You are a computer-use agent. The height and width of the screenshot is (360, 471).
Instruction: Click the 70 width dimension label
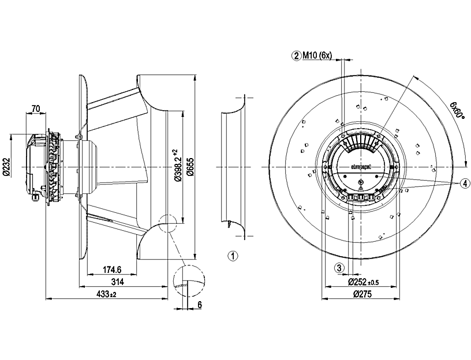click(35, 108)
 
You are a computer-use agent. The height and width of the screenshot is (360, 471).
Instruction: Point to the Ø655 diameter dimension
click(190, 166)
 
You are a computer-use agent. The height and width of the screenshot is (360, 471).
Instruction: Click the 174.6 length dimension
click(111, 269)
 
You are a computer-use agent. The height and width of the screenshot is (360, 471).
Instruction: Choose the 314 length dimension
click(118, 282)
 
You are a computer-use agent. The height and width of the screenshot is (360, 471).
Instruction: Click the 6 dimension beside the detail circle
click(199, 305)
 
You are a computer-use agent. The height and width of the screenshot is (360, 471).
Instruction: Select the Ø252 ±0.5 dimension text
click(363, 282)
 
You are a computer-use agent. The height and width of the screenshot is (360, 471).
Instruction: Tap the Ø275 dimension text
click(360, 294)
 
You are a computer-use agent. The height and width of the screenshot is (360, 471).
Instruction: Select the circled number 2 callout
click(297, 55)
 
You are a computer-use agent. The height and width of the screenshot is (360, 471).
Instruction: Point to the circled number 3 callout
click(340, 268)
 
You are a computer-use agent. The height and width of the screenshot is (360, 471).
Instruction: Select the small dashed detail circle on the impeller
click(166, 223)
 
